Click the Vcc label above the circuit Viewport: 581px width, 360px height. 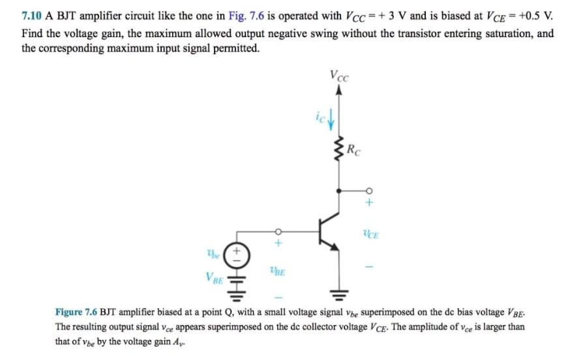[x=339, y=76]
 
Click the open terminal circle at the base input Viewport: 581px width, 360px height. [x=278, y=230]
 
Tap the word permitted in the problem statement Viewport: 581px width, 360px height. [x=230, y=49]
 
